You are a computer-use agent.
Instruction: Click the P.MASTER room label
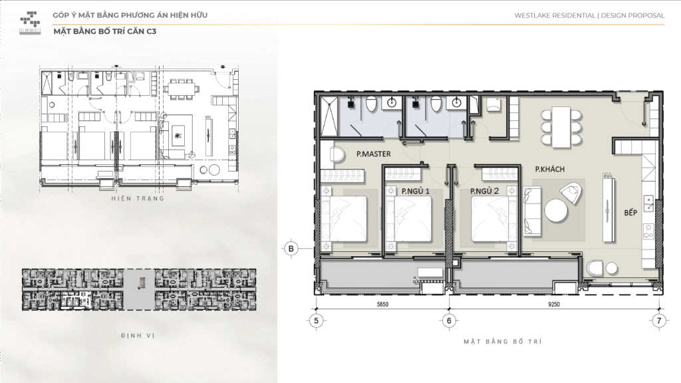pyautogui.click(x=373, y=154)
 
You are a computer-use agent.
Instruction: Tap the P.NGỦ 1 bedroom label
pyautogui.click(x=416, y=191)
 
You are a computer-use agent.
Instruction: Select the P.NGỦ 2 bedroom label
pyautogui.click(x=485, y=191)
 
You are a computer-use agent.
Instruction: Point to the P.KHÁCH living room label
pyautogui.click(x=550, y=170)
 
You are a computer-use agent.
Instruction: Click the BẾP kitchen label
pyautogui.click(x=630, y=213)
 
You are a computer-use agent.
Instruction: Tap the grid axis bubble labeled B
pyautogui.click(x=291, y=249)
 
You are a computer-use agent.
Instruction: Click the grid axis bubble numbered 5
pyautogui.click(x=316, y=320)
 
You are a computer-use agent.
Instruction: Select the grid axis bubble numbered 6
pyautogui.click(x=450, y=320)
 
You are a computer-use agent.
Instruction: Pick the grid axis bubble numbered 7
pyautogui.click(x=658, y=320)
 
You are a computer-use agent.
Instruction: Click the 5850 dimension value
pyautogui.click(x=381, y=305)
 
